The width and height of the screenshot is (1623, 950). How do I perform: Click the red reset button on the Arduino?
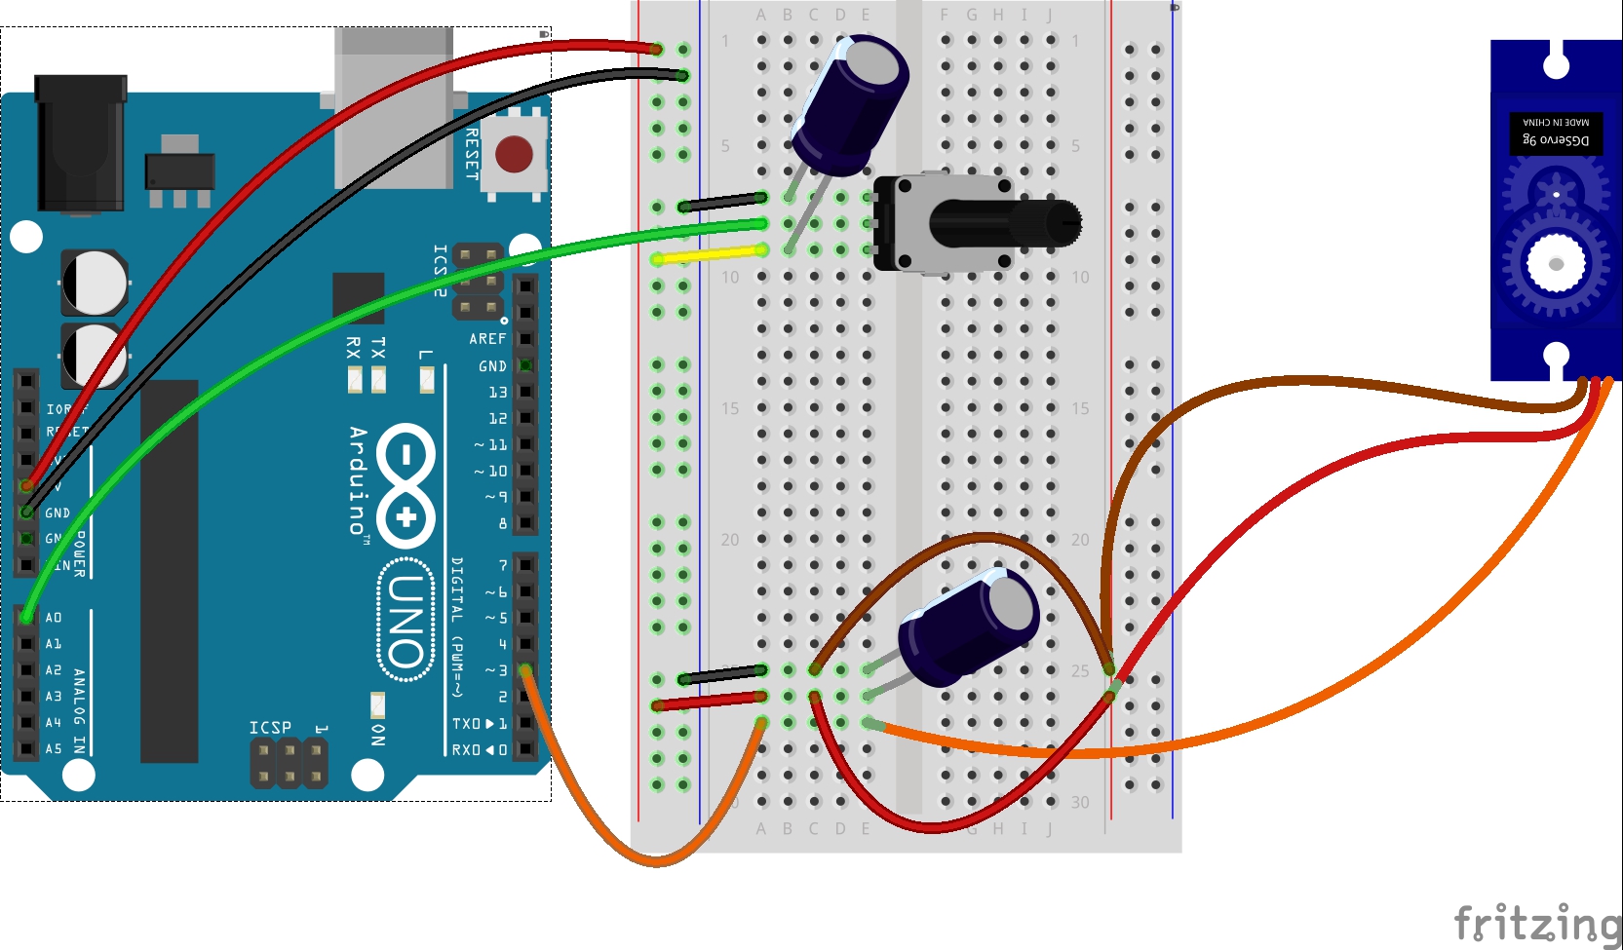(x=514, y=154)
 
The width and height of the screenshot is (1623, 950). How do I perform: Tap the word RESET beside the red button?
(x=472, y=154)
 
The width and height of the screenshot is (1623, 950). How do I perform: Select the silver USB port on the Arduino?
(x=394, y=107)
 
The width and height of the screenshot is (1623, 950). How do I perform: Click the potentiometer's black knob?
(x=1004, y=223)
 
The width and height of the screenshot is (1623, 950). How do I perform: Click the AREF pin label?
(x=487, y=339)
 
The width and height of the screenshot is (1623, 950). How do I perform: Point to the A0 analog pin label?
(x=54, y=618)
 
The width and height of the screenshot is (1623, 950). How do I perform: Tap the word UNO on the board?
(x=406, y=620)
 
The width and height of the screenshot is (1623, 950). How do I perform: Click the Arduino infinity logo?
(x=406, y=485)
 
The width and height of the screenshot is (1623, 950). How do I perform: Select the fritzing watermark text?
(x=1537, y=923)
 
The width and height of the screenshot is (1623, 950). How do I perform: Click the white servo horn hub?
(x=1556, y=263)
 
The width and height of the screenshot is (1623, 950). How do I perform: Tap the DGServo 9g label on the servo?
(x=1556, y=140)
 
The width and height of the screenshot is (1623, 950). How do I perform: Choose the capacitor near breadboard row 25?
(x=969, y=627)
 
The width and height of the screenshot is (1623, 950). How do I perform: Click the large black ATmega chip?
(x=170, y=570)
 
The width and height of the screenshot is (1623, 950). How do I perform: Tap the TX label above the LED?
(x=378, y=348)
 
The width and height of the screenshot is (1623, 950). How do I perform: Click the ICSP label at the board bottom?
(x=270, y=728)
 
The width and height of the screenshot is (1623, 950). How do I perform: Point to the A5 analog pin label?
(x=54, y=749)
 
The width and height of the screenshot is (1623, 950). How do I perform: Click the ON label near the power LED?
(x=378, y=735)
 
